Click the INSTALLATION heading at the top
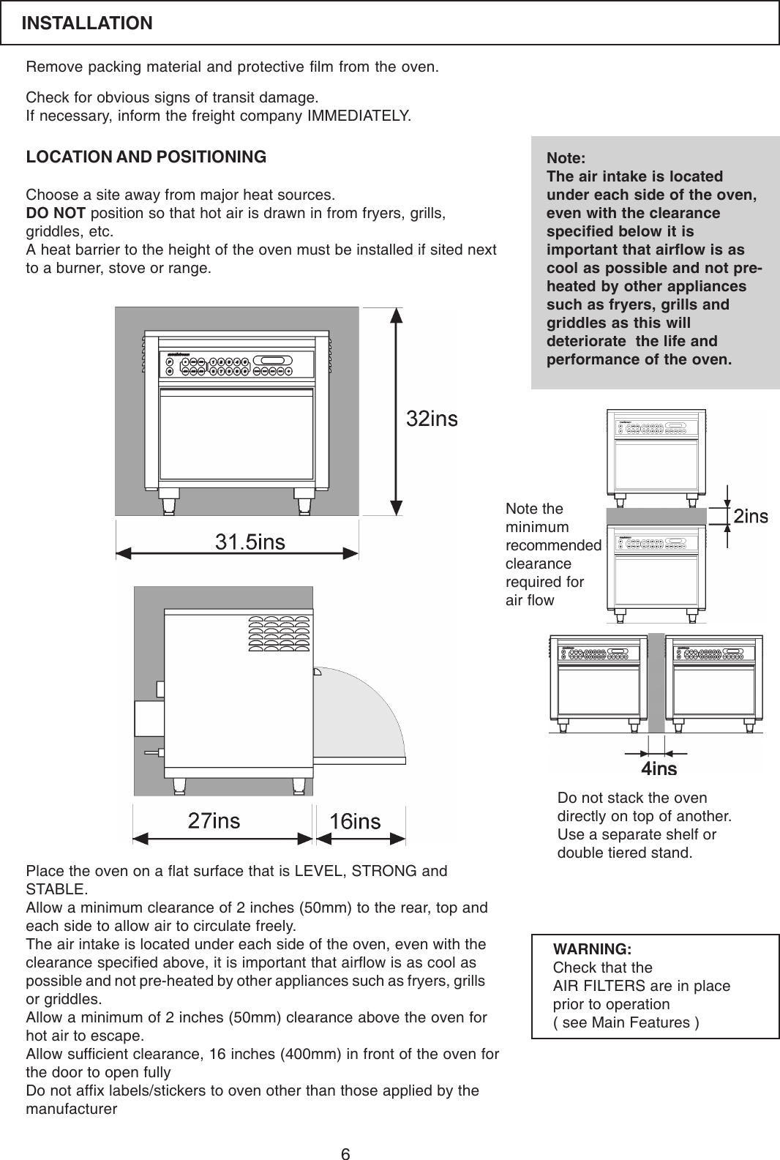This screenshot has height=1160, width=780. point(87,23)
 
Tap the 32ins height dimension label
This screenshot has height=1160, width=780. point(432,419)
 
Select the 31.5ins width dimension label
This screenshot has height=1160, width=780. point(250,542)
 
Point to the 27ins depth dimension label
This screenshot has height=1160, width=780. point(214,820)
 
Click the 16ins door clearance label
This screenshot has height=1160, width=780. point(355,821)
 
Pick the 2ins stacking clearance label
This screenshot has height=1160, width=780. point(751,517)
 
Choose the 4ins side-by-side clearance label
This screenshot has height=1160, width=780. point(659,768)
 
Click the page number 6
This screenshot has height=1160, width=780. point(345,1155)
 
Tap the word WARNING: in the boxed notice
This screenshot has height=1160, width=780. point(592,949)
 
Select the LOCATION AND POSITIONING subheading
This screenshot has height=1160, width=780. point(146,157)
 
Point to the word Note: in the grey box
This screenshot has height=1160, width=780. point(566,158)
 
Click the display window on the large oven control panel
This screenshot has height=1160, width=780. point(273,360)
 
